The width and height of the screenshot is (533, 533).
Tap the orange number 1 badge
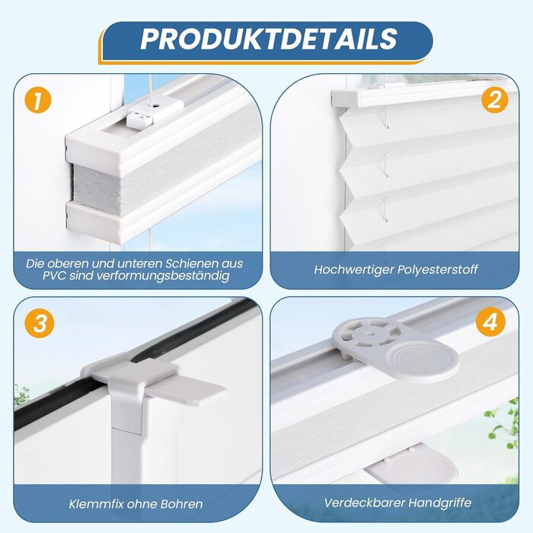coord(37,100)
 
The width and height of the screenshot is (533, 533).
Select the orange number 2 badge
coord(495,100)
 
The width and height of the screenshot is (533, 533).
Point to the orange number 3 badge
coord(37,323)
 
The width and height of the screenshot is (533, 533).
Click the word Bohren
coord(182,503)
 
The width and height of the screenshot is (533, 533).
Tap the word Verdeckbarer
coord(361,503)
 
